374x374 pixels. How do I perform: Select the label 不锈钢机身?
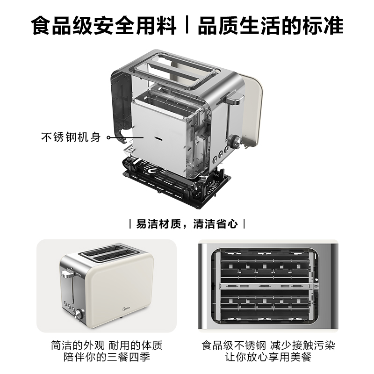71,138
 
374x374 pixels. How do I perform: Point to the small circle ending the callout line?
109,138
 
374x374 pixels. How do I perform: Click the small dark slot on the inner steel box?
159,139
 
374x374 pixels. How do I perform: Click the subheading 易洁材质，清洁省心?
187,223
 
